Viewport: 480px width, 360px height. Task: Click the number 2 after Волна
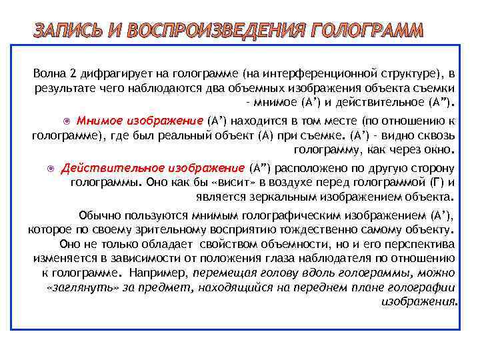tap(71, 73)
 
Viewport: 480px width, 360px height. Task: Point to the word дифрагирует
tap(109, 73)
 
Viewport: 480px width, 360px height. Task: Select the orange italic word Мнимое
tap(99, 121)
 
